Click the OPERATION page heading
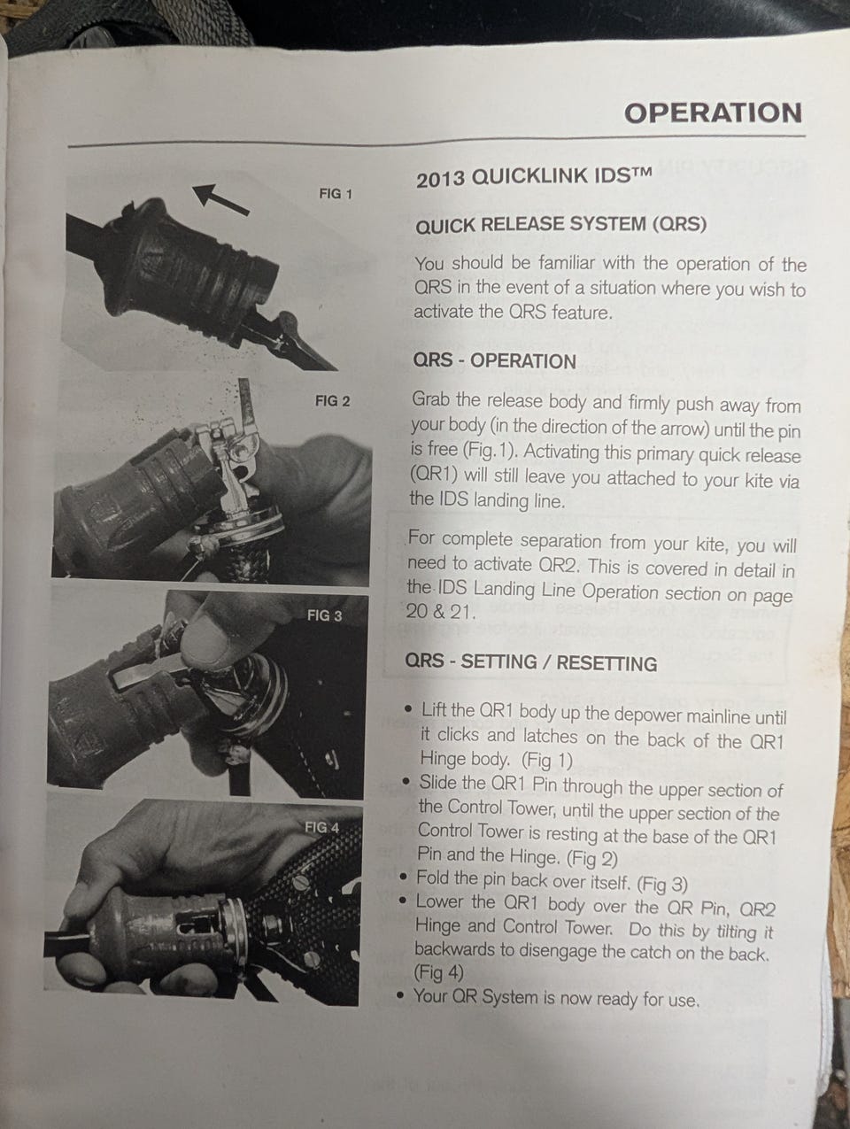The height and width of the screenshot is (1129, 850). tap(713, 113)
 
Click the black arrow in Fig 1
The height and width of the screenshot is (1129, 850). tap(220, 200)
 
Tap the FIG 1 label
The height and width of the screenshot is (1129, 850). tap(336, 194)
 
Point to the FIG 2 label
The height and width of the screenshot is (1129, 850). tap(333, 400)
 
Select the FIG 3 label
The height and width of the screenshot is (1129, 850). tap(324, 615)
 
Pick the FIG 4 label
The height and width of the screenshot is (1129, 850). tap(322, 828)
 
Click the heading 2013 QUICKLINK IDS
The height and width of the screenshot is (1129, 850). tap(534, 177)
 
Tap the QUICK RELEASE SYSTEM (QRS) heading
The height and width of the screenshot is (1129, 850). tap(560, 225)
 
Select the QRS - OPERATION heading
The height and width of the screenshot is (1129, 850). tap(494, 360)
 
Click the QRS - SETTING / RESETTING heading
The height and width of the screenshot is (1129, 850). tap(530, 662)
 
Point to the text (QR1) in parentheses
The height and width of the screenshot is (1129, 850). tap(434, 475)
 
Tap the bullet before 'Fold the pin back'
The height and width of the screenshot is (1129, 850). tap(405, 877)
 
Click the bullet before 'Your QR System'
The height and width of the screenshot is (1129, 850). tap(401, 995)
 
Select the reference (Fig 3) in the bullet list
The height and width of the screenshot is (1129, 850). tap(661, 884)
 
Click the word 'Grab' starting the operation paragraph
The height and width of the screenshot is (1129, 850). tap(430, 400)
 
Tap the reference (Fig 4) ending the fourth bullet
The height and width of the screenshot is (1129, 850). tap(438, 972)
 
